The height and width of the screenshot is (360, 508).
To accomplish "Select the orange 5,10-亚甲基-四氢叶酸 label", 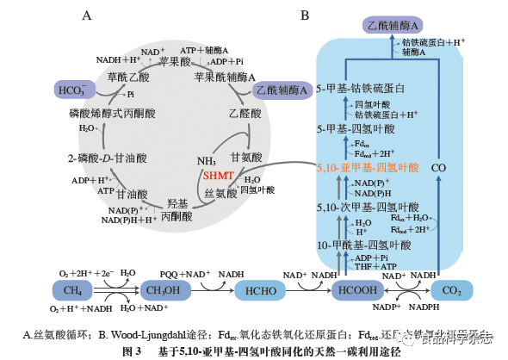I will tap(368, 168).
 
